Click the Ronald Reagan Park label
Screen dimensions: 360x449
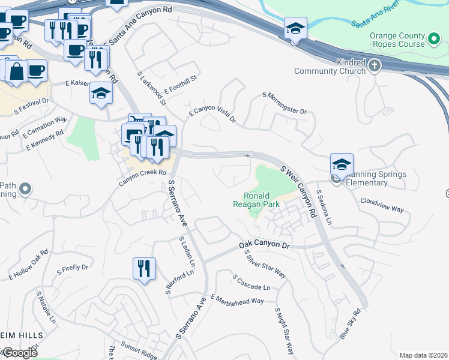pos(256,200)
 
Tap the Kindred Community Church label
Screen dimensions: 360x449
pos(330,67)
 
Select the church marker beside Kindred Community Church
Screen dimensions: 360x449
pos(375,65)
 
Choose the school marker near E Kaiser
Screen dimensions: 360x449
pos(101,94)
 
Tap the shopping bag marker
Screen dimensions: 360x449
pos(17,71)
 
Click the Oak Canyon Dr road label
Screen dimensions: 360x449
pos(264,245)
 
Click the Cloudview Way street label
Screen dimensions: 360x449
pos(382,205)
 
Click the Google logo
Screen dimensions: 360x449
pos(20,353)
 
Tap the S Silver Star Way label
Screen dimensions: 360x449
pos(265,264)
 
